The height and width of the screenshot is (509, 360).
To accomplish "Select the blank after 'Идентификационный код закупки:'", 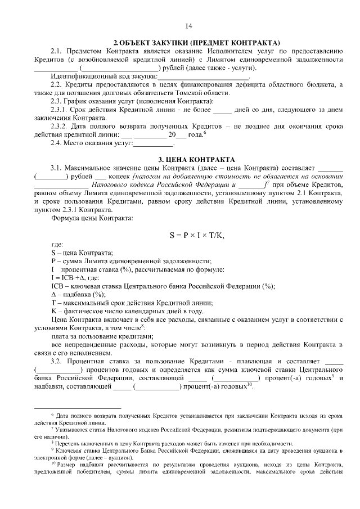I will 186,76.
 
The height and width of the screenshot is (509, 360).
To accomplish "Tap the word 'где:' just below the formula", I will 57,245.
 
